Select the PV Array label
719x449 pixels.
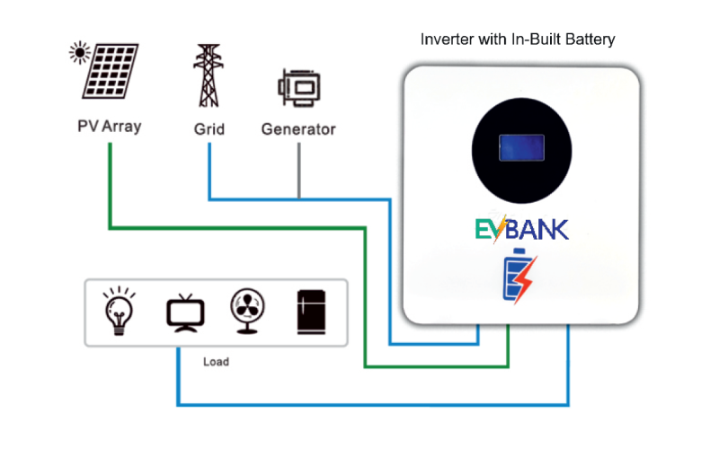click(109, 127)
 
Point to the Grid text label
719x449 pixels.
click(209, 128)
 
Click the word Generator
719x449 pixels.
click(298, 129)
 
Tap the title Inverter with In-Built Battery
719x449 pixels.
click(518, 40)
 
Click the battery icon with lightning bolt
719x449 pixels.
click(520, 276)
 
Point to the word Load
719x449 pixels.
click(216, 362)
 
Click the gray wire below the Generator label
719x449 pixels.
click(298, 171)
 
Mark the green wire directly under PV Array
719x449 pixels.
click(109, 180)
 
